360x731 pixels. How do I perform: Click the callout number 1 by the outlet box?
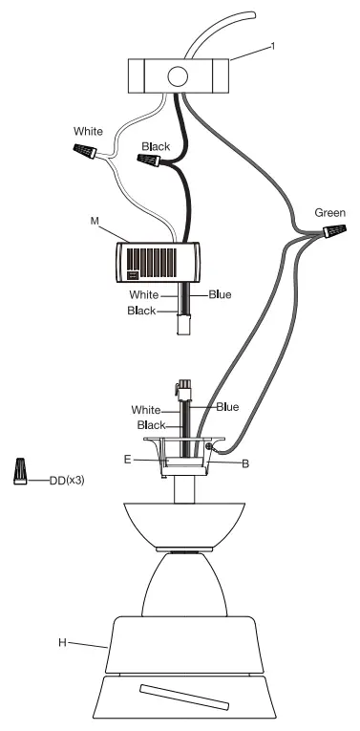(x=272, y=46)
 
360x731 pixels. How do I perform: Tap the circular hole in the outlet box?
(x=178, y=76)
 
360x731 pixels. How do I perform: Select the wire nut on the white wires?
(x=85, y=151)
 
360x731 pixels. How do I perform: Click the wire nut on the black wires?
(x=149, y=161)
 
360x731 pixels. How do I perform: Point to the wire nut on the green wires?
(x=335, y=231)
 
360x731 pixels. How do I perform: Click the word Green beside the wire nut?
(x=330, y=213)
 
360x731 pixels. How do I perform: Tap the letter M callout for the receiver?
(x=95, y=221)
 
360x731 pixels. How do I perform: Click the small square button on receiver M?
(x=133, y=275)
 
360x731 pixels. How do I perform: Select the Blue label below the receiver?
(x=220, y=294)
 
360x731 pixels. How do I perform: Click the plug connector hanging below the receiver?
(x=182, y=325)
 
